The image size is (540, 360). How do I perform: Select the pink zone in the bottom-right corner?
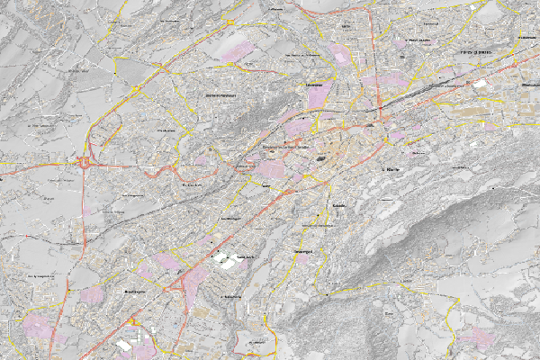click(474, 337)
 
